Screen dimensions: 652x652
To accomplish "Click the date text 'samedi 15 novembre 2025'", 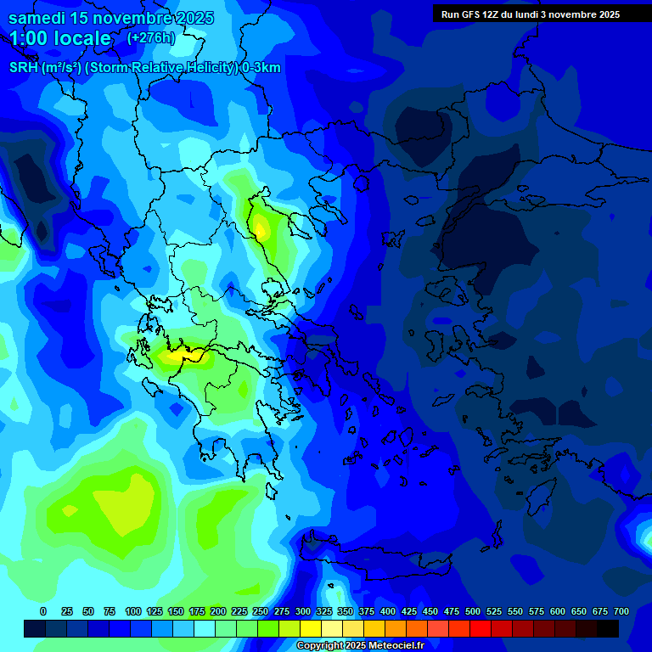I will pos(111,18).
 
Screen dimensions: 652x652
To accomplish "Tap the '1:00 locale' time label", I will pos(61,38).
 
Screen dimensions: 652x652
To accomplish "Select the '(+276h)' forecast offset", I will pos(151,38).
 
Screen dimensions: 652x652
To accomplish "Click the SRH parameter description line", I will pos(145,68).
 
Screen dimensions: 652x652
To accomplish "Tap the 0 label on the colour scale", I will pos(43,611).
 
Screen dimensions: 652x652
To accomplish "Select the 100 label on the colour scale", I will pos(133,611).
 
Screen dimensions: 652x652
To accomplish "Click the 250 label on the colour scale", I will pos(261,611).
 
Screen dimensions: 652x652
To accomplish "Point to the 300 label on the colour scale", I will pos(303,611).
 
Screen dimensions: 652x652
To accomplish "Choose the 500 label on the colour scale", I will pos(473,611).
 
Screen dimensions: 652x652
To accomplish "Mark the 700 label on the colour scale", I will pos(621,611).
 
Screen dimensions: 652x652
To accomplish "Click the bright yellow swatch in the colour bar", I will pos(311,628).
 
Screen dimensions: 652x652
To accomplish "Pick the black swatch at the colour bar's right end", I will pos(608,628).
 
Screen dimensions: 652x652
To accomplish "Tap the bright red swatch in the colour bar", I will pos(481,628).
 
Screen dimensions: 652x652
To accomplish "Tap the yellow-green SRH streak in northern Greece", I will pos(261,226).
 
